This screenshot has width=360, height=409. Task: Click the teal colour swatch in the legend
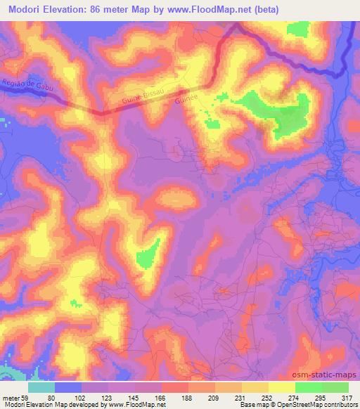[41, 387]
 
